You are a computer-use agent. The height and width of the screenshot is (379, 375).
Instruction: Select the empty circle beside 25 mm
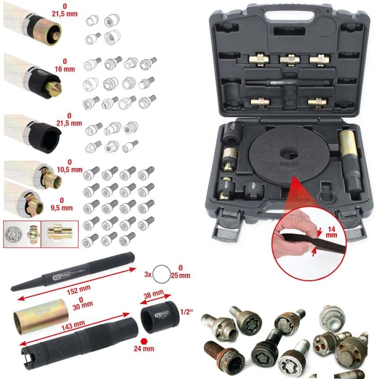162,275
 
